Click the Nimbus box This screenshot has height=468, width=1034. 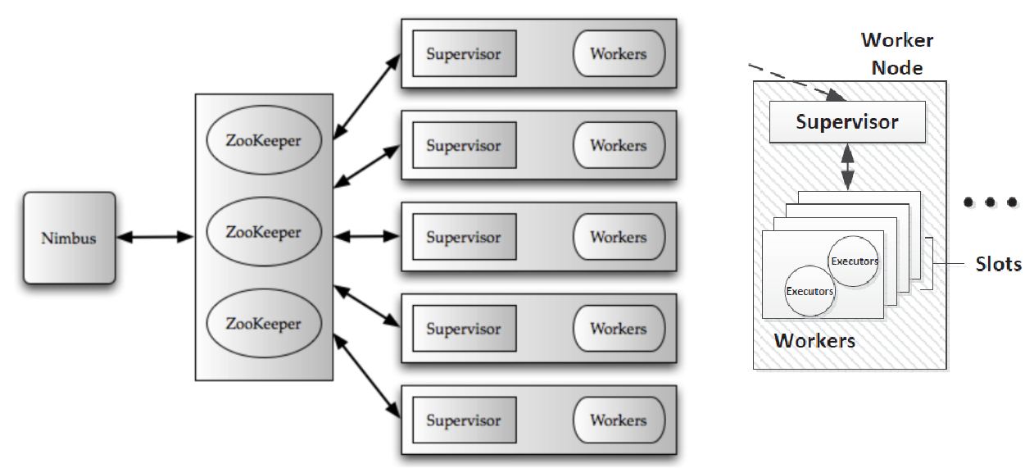pos(69,239)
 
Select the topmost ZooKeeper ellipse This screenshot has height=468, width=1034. pos(263,140)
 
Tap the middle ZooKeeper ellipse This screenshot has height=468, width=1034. pos(263,232)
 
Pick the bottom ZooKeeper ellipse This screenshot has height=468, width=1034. pos(263,324)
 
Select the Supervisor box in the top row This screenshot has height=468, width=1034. pos(464,54)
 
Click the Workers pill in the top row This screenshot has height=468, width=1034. pos(618,54)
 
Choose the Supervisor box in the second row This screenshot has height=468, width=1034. pos(464,146)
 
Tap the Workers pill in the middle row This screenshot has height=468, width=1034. pos(618,237)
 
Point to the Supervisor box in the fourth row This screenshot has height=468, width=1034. pos(464,329)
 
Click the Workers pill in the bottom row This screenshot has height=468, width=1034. pos(618,420)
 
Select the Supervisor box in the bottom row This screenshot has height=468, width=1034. pos(464,420)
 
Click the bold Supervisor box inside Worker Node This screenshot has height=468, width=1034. pos(847,122)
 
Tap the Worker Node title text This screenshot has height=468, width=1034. pos(897,53)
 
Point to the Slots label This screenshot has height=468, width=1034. pos(998,264)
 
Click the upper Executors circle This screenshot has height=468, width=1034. pos(854,261)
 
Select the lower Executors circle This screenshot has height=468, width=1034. pos(810,291)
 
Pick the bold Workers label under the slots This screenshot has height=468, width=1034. pos(814,340)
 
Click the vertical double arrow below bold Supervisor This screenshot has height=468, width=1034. pos(847,169)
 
